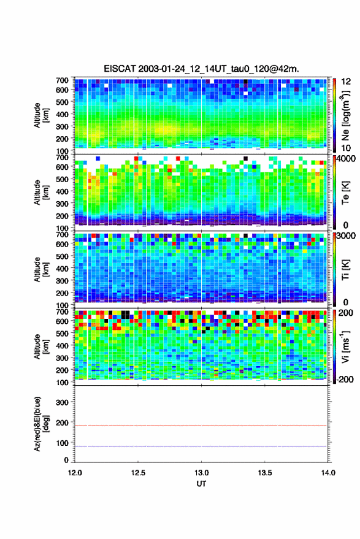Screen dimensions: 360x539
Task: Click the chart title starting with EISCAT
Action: coord(201,69)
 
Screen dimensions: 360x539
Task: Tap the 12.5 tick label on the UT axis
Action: coord(138,473)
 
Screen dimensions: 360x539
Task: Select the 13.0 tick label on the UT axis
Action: coord(202,473)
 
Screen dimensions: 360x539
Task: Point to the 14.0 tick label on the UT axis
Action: coord(328,473)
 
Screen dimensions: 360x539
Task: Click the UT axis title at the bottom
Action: coord(202,484)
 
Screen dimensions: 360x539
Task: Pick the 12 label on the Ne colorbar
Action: coord(346,82)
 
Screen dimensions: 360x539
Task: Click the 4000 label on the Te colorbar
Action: coord(346,159)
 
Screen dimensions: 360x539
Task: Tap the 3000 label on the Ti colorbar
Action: coord(346,236)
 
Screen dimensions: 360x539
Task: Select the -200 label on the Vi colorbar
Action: coord(345,380)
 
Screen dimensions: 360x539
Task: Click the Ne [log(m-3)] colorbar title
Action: coord(345,115)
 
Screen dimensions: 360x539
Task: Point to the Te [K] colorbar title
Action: coord(345,193)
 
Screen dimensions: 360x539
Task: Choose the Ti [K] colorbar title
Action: coord(345,269)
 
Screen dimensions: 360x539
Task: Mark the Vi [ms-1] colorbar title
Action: coord(345,346)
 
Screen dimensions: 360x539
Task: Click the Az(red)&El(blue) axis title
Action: coord(40,424)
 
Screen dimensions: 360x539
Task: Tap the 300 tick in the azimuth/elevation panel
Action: coord(62,402)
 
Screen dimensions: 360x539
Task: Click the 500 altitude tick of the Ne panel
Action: coord(62,102)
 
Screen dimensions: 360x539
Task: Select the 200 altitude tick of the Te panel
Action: coord(62,216)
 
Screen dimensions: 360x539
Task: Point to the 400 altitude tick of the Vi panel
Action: coord(62,345)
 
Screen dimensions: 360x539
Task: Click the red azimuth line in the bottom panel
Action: coord(201,426)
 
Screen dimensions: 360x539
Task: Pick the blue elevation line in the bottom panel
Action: coord(201,446)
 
